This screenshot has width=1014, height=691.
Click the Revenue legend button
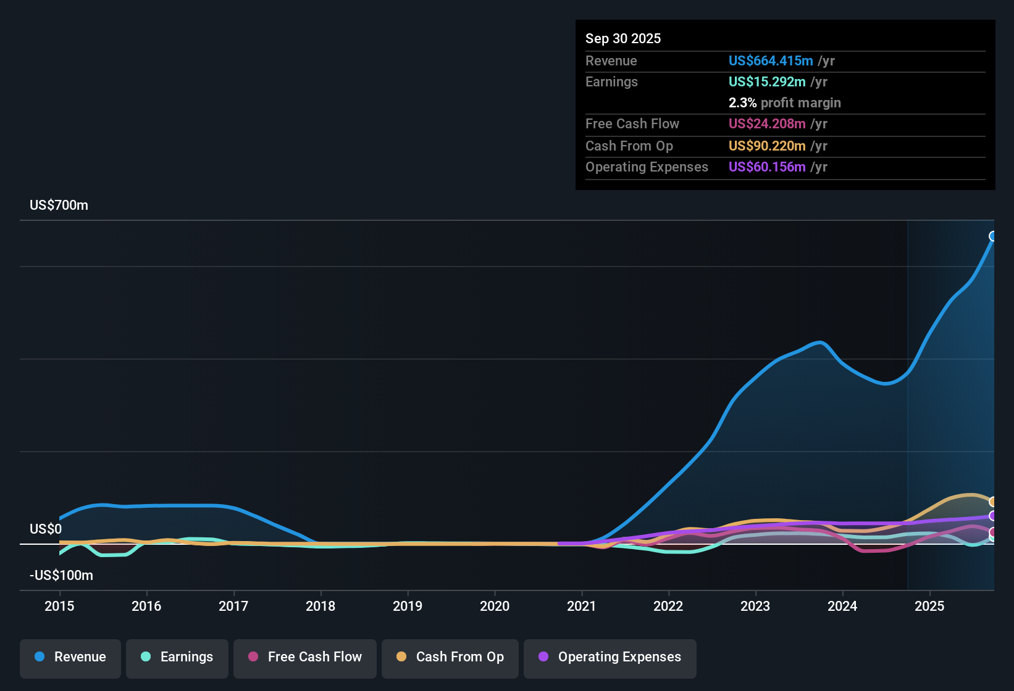coord(70,657)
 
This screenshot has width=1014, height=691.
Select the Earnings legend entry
coord(177,657)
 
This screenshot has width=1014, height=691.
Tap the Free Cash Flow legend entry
coord(305,657)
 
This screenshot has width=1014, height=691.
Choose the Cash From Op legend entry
coord(450,657)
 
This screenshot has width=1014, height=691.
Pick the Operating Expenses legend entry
coord(610,657)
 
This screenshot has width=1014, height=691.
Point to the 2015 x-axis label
coord(59,606)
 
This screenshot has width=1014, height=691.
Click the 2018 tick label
coord(321,606)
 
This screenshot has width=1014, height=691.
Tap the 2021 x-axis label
coord(582,606)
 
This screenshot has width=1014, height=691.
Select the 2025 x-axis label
coord(929,606)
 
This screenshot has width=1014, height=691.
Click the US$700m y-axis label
coord(59,205)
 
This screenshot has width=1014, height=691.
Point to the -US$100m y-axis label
coord(61,576)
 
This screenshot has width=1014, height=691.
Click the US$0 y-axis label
coord(46,529)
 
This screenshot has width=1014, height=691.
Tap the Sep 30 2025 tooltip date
coord(623,39)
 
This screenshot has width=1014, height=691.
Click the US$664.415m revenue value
coord(770,61)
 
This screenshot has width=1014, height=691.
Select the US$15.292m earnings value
coord(766,82)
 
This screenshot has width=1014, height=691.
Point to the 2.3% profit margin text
coord(784,103)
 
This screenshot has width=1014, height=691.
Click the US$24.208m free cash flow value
coord(766,124)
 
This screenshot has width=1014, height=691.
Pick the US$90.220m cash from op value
coord(766,146)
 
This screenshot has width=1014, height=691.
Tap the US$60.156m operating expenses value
coord(766,167)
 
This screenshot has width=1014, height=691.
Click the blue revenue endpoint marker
coord(993,236)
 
